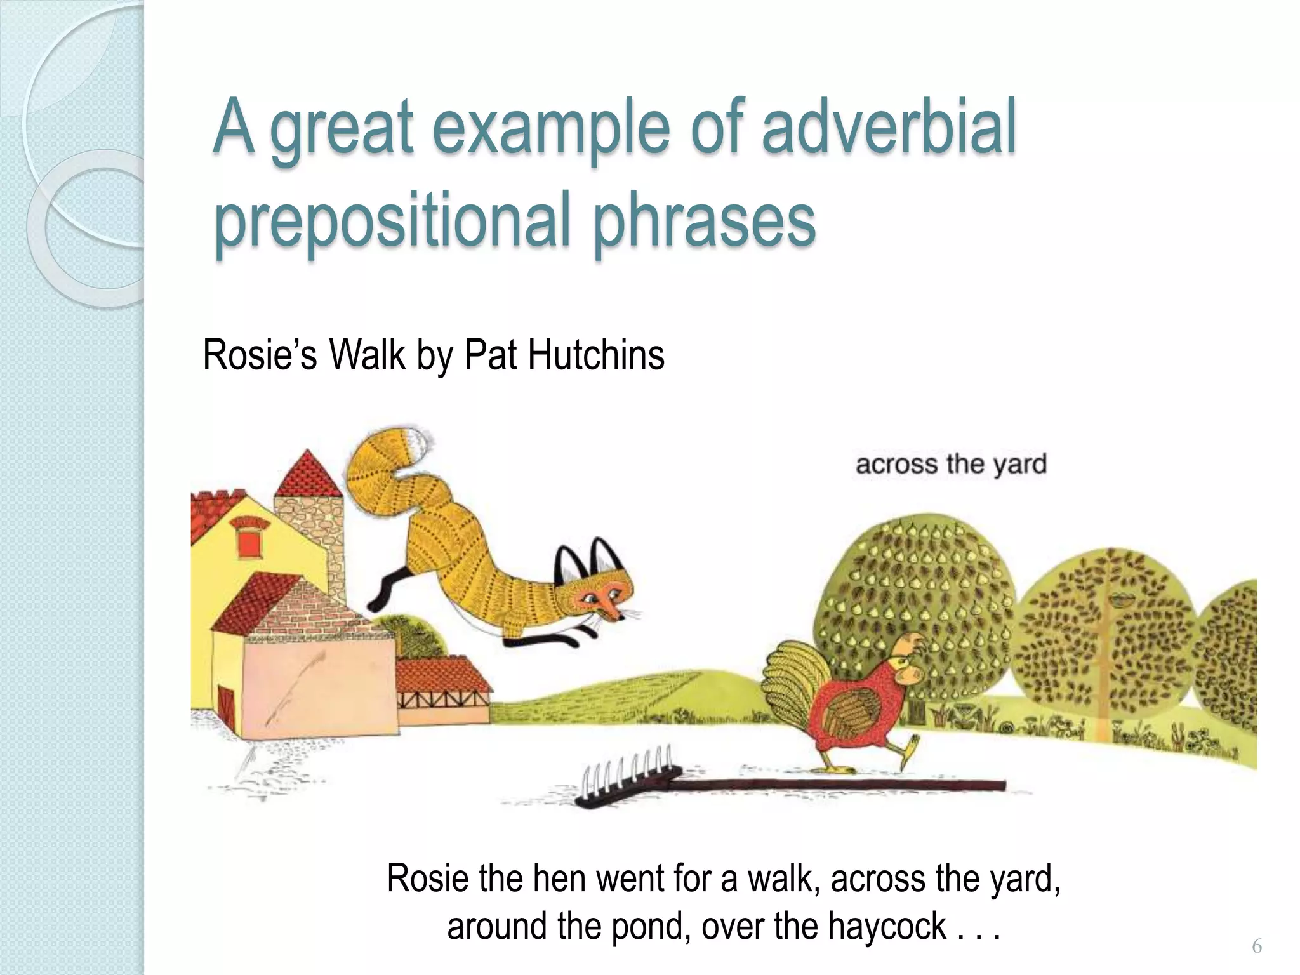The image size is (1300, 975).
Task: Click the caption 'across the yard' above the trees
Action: [x=951, y=464]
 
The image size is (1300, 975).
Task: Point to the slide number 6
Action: [x=1256, y=947]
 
